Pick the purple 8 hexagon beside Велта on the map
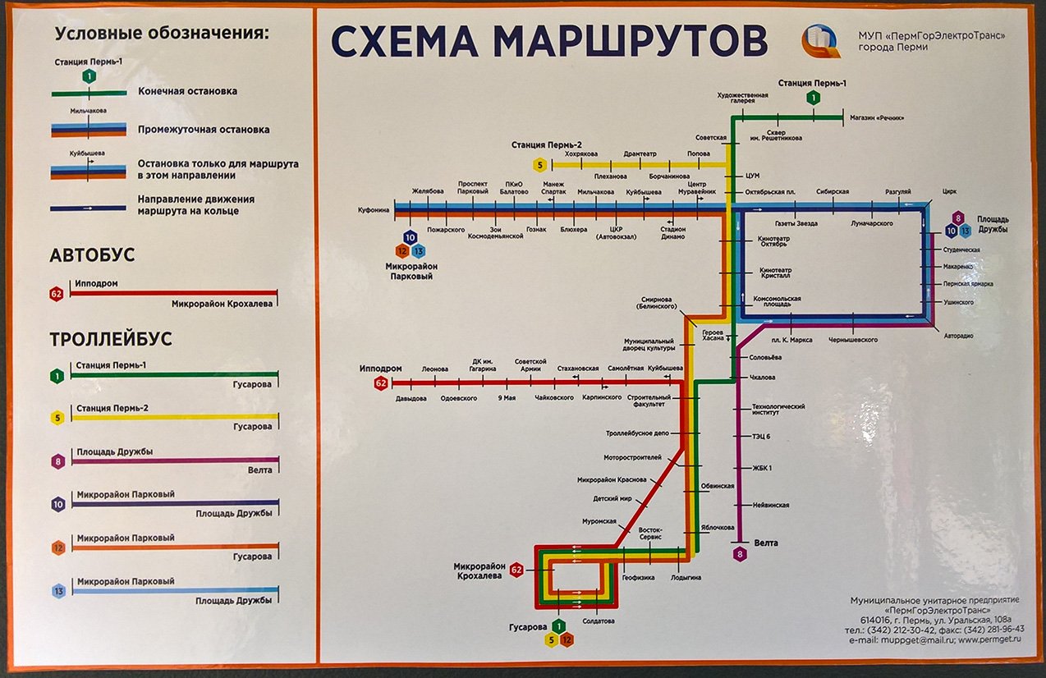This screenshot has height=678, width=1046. [741, 554]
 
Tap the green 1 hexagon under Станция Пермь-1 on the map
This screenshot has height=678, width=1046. [813, 98]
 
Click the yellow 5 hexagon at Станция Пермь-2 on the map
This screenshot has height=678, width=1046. [539, 164]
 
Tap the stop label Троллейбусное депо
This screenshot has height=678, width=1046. [638, 433]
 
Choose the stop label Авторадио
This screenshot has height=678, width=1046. [958, 336]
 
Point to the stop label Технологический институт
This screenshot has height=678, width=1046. [778, 410]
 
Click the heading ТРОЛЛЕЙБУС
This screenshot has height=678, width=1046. [110, 340]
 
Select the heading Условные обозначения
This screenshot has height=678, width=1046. [162, 34]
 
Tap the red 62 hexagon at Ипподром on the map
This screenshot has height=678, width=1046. [381, 383]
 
